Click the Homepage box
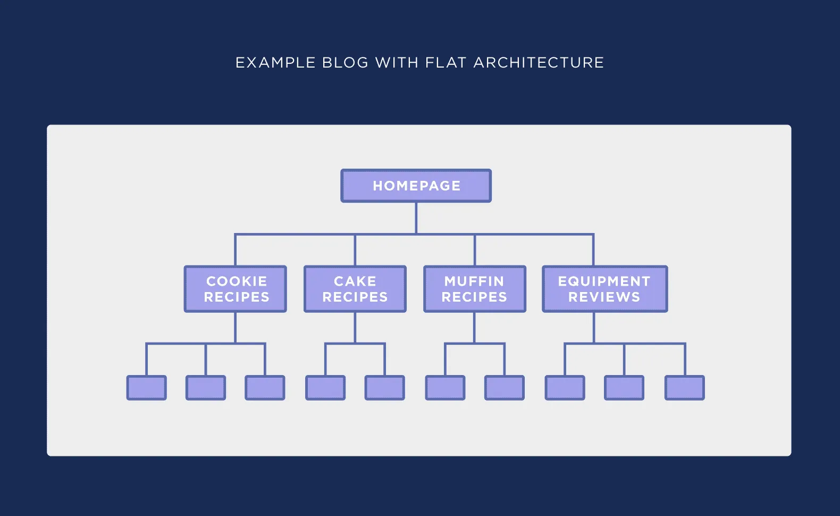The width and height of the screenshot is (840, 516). (416, 186)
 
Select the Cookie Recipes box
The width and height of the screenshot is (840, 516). (236, 289)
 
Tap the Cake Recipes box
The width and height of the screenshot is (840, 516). (355, 289)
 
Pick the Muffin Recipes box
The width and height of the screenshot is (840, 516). (475, 289)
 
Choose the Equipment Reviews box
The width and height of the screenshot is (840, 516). (604, 289)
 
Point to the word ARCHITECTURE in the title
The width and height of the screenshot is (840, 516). (539, 63)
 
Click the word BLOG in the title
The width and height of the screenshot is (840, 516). (345, 63)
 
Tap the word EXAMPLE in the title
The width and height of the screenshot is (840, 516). (275, 63)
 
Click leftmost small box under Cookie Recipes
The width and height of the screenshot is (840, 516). (147, 388)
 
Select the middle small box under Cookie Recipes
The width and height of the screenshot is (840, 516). (206, 388)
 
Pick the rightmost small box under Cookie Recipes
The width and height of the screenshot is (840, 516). (265, 388)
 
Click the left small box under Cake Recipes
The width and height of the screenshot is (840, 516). (325, 388)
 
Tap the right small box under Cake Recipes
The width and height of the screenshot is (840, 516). (385, 388)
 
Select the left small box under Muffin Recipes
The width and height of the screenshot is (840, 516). (446, 388)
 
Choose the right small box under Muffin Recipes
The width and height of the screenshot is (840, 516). (505, 388)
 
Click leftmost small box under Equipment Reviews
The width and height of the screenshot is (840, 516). (565, 388)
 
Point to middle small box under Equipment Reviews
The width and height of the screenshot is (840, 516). (624, 388)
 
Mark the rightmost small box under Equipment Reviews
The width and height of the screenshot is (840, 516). (685, 388)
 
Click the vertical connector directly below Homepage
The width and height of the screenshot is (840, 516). (416, 218)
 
